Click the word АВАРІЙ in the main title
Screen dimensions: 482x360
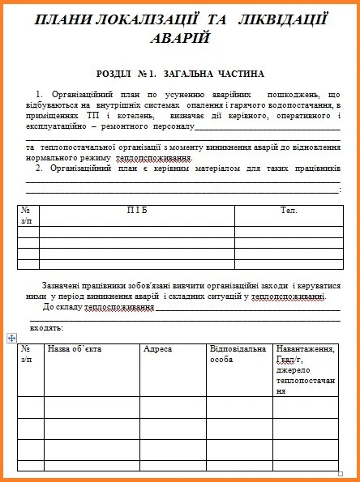(x=179, y=37)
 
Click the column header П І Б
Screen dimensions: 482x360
(x=137, y=210)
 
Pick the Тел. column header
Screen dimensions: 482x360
(x=289, y=210)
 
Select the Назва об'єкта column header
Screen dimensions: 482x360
(x=75, y=349)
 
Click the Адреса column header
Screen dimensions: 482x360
(x=157, y=349)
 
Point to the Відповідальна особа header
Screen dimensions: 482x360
(x=237, y=354)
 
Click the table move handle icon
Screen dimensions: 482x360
(x=10, y=337)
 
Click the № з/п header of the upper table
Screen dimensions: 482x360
(x=27, y=215)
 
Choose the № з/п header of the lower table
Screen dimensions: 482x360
(x=27, y=354)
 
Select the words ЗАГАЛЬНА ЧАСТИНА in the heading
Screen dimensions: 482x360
(x=214, y=74)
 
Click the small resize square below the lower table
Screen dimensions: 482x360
(x=341, y=473)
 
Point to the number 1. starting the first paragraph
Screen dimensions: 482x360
(x=41, y=95)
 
